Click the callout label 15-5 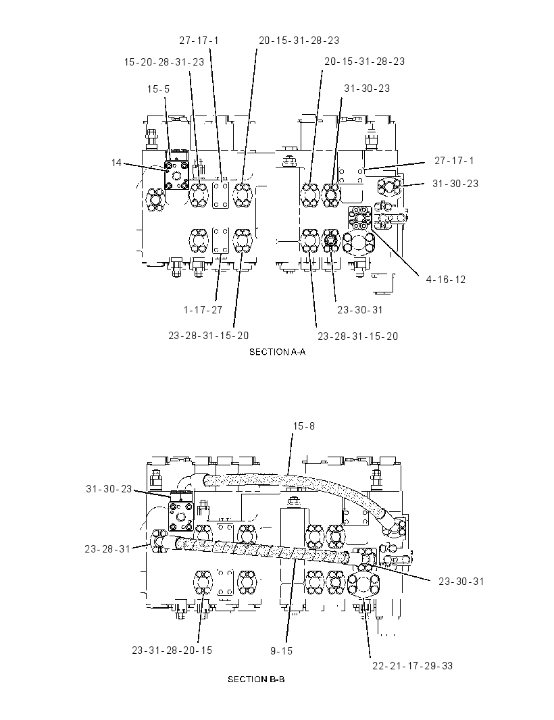click(158, 88)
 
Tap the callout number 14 click(116, 163)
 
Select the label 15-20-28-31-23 click(164, 61)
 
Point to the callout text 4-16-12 click(446, 279)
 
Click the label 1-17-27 click(203, 309)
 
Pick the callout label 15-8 click(304, 426)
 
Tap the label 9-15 click(281, 650)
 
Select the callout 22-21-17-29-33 click(413, 665)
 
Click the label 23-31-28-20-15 click(172, 650)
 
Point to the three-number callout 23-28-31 click(107, 548)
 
